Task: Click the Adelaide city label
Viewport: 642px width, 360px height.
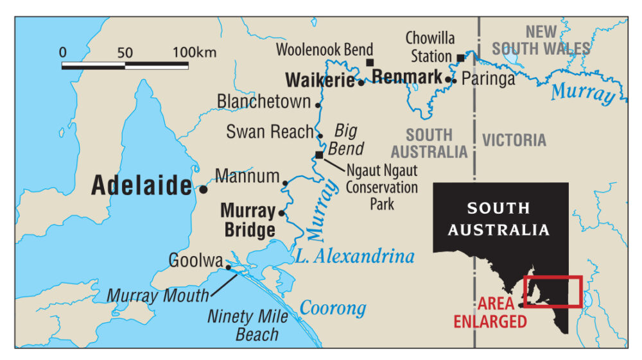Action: (141, 185)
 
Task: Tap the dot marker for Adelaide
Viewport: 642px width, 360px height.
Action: (204, 189)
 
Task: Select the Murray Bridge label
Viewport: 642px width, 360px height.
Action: (248, 220)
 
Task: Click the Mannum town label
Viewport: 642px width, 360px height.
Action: (247, 176)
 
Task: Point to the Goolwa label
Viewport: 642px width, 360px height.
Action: (195, 261)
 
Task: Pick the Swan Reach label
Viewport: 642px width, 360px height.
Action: (269, 132)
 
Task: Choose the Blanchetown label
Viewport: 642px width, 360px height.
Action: (264, 101)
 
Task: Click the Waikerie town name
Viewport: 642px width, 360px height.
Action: (320, 80)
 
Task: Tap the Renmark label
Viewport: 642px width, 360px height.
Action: (407, 78)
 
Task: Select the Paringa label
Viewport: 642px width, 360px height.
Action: (488, 79)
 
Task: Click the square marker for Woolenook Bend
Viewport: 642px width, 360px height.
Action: (370, 62)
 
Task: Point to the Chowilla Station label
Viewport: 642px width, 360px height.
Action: (429, 47)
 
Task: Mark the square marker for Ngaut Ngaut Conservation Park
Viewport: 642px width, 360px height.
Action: (319, 155)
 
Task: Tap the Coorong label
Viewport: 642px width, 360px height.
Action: (333, 308)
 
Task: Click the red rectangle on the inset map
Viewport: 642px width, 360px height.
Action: (553, 291)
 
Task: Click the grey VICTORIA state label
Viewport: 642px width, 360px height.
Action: (514, 140)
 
